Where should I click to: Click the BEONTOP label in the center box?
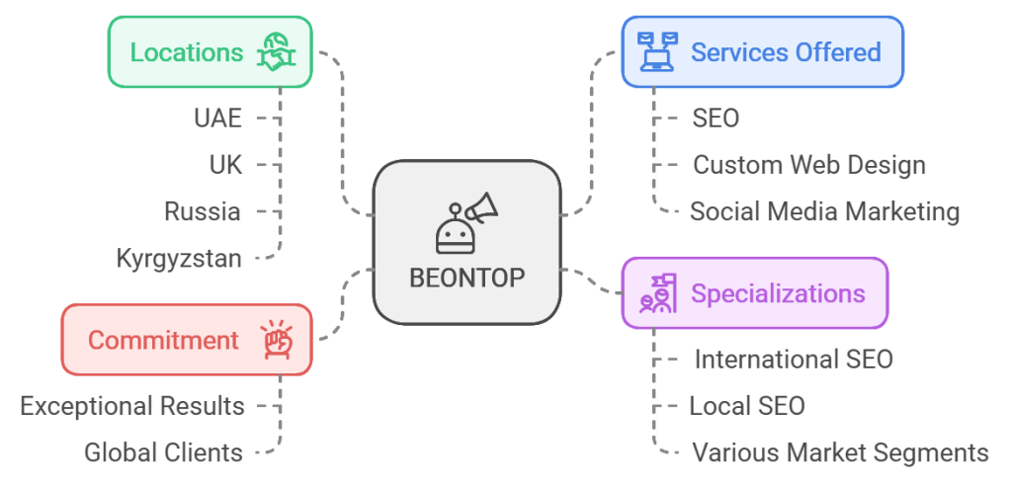click(x=466, y=278)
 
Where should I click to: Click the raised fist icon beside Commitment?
click(x=277, y=340)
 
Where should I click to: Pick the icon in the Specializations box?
click(x=657, y=293)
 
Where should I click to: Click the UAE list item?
click(x=217, y=119)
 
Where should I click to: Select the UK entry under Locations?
click(x=225, y=165)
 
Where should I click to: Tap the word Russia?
click(x=203, y=211)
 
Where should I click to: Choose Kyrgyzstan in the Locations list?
click(x=179, y=259)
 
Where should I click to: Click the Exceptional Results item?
click(x=132, y=406)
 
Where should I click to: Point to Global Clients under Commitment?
click(x=163, y=452)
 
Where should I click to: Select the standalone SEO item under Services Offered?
click(x=716, y=119)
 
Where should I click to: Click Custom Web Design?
click(x=808, y=165)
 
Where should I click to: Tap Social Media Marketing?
click(x=824, y=211)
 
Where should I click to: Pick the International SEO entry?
click(x=793, y=360)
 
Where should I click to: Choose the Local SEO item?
click(x=747, y=406)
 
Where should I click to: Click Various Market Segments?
click(x=840, y=452)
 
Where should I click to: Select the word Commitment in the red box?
click(x=163, y=341)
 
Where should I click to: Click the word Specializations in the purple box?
click(x=778, y=293)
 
